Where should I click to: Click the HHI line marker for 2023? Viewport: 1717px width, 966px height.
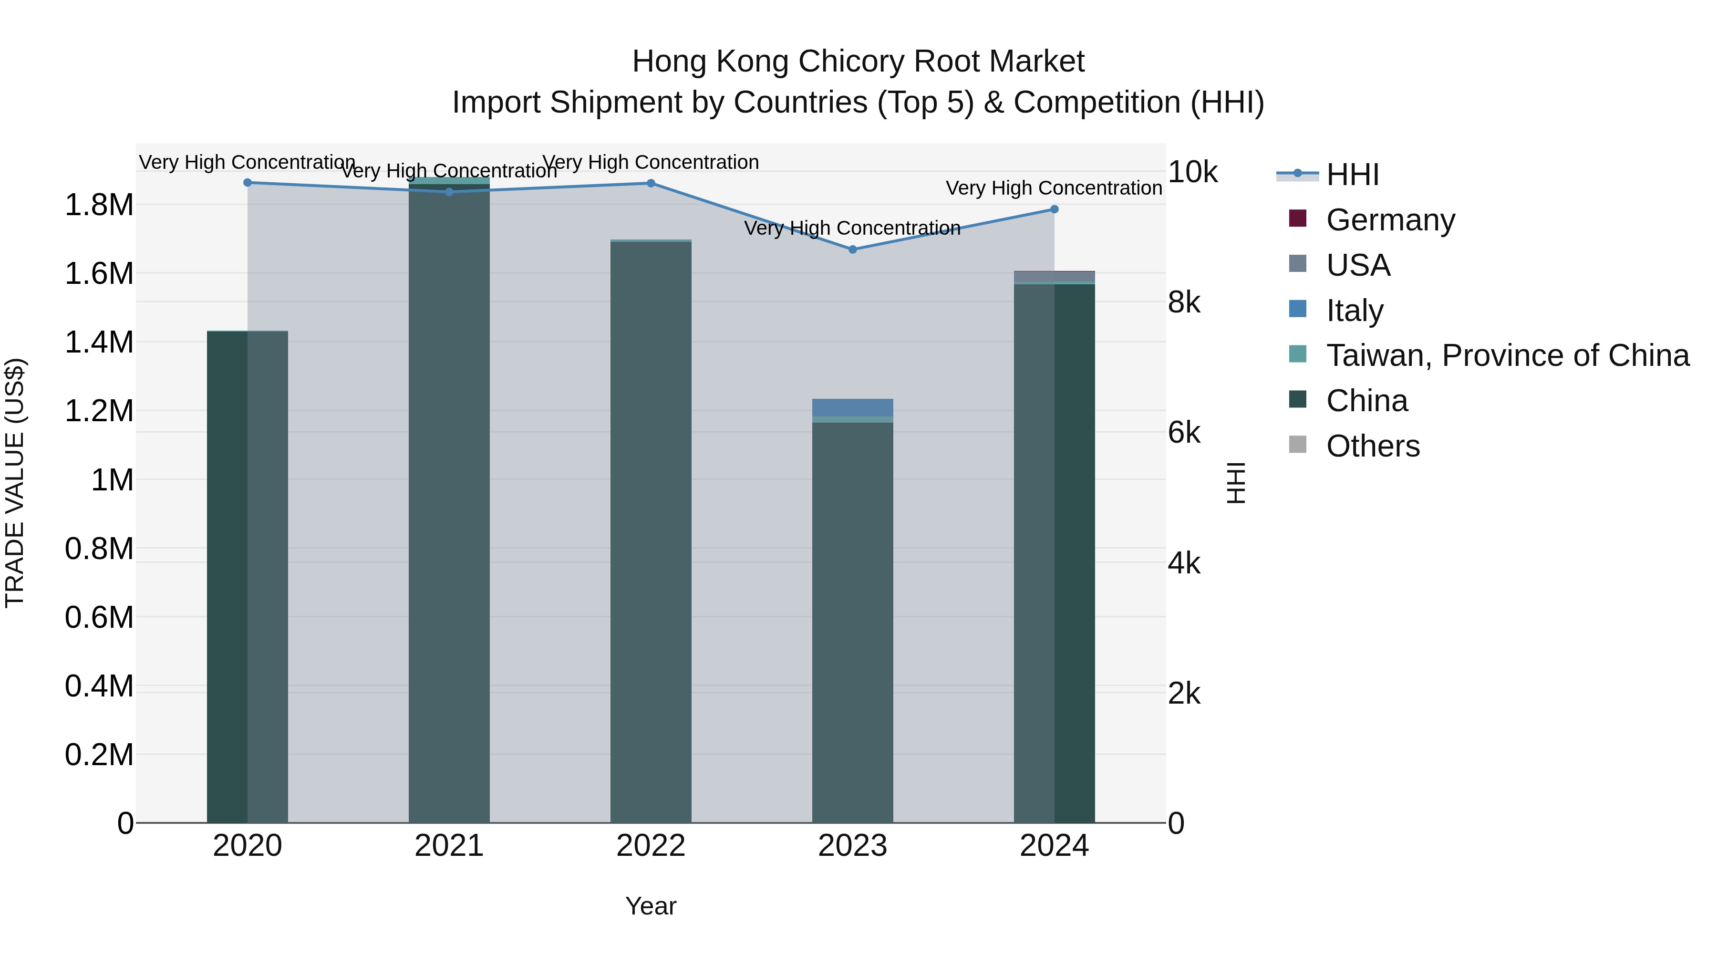[852, 249]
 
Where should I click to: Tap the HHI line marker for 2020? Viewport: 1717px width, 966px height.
[247, 182]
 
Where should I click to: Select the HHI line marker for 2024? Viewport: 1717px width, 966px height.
[1054, 209]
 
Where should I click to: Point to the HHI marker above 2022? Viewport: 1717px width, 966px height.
[651, 183]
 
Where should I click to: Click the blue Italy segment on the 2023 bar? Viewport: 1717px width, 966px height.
[852, 407]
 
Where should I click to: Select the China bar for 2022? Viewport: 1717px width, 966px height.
[651, 533]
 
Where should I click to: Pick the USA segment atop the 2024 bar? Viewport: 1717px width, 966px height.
[1054, 276]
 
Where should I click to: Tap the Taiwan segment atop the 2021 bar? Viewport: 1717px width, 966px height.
[449, 181]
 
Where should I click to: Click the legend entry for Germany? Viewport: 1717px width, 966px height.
[1390, 219]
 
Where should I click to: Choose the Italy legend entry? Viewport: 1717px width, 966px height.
[1355, 310]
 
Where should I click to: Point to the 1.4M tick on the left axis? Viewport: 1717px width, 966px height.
[99, 342]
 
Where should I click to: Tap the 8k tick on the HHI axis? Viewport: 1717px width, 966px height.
[1184, 302]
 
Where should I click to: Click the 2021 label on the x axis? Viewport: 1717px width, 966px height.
[449, 846]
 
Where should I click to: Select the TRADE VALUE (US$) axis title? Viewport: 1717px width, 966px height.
[15, 483]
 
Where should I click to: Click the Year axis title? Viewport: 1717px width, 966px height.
[651, 906]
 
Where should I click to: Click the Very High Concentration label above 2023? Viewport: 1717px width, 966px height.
[852, 228]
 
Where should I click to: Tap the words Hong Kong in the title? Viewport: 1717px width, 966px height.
[711, 62]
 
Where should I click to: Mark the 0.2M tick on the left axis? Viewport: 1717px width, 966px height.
[99, 755]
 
